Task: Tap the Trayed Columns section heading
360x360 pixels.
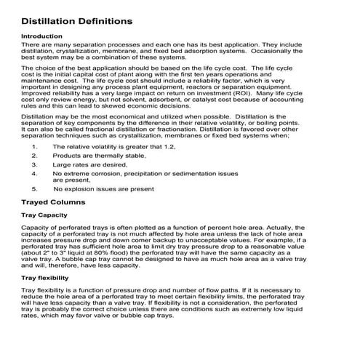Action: [x=54, y=201]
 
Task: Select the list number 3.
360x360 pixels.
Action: [x=34, y=165]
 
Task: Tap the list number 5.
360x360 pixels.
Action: [x=35, y=189]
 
